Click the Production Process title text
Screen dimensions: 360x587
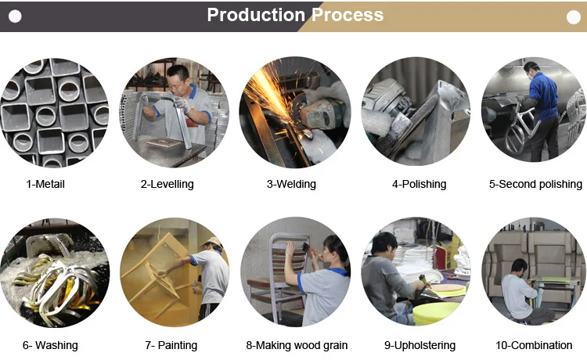(x=295, y=15)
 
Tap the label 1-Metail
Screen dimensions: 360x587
(x=45, y=185)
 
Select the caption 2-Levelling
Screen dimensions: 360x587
(x=167, y=185)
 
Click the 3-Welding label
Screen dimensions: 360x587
(x=291, y=185)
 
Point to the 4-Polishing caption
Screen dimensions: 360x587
(x=419, y=185)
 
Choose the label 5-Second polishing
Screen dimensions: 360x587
(x=535, y=185)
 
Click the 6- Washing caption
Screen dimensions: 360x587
(x=50, y=345)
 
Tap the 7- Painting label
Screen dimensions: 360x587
(x=171, y=345)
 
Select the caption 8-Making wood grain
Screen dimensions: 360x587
(x=297, y=345)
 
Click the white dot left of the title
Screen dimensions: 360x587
(x=16, y=16)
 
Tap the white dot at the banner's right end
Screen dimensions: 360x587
(x=571, y=16)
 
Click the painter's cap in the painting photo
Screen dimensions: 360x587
(x=213, y=242)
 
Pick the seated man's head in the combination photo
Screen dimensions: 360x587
(x=517, y=266)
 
